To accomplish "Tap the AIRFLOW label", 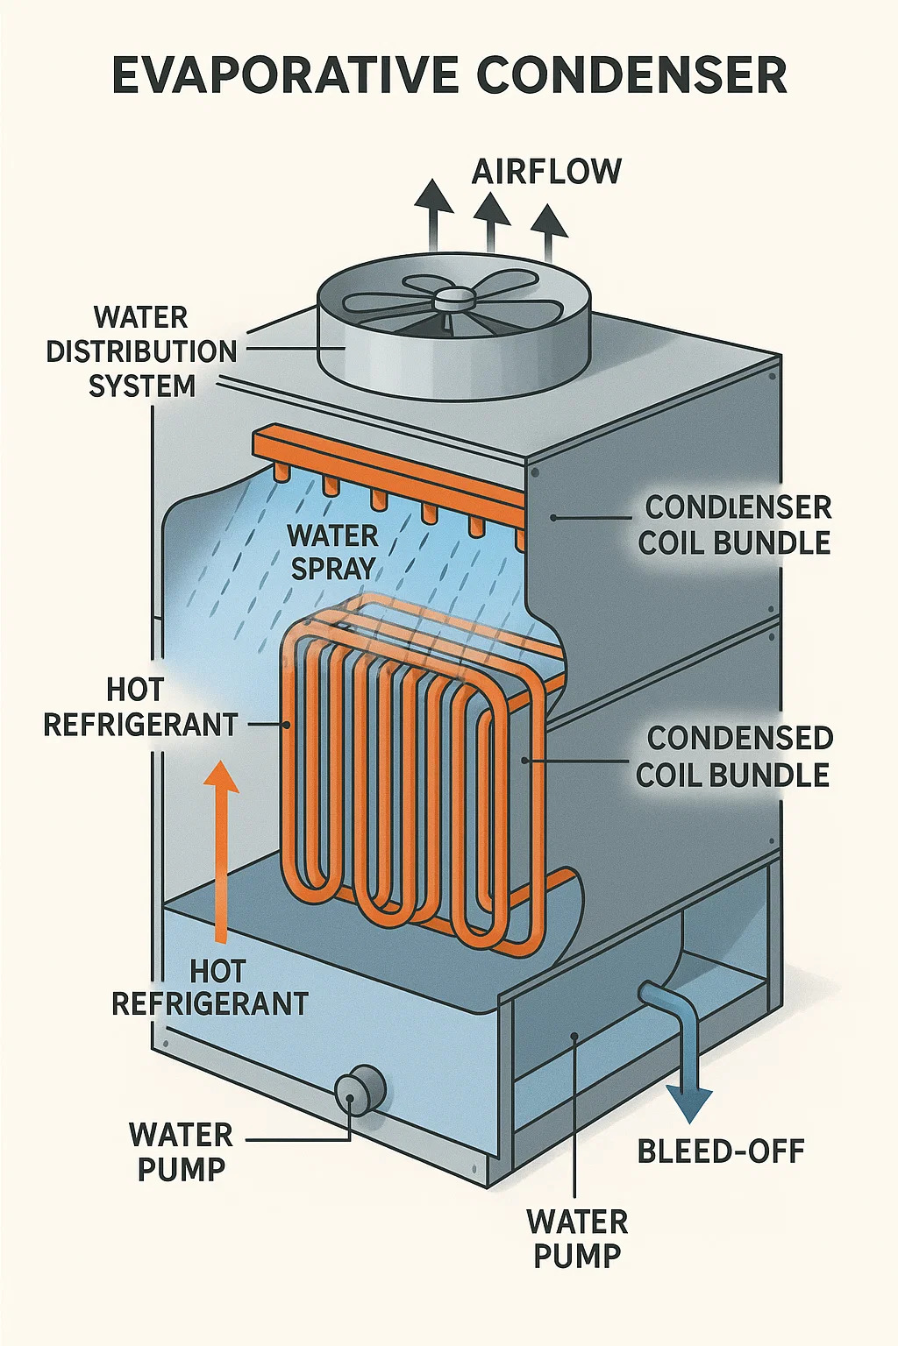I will point(546,171).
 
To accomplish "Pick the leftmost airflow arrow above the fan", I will point(433,210).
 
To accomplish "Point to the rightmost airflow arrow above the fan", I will point(549,230).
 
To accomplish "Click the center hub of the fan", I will point(453,299).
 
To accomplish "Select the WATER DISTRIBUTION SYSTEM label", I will point(141,351).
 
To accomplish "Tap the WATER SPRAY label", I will point(333,551).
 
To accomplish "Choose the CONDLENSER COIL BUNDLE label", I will point(735,525).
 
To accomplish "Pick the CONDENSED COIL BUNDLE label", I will point(734,756).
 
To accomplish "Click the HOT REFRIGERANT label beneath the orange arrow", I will point(210,987).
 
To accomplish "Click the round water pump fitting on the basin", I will point(359,1090).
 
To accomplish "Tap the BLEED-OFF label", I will point(721,1151).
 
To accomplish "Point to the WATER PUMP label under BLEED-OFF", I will point(577,1238).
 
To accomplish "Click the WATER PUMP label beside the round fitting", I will point(182,1151).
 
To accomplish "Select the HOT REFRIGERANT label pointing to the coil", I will point(140,707).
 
